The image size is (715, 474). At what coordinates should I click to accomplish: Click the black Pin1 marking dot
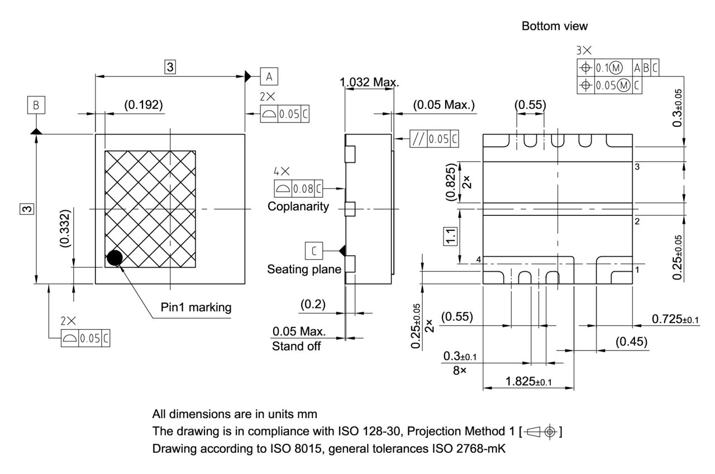(115, 257)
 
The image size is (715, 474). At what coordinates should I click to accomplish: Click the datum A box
(269, 76)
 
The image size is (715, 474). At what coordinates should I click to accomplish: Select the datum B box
(36, 105)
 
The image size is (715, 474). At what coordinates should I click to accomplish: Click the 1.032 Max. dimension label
(369, 83)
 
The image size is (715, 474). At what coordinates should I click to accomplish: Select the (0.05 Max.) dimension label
(444, 105)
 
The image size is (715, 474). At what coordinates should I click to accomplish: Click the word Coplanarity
(298, 206)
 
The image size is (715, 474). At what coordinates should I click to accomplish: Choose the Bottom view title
(554, 26)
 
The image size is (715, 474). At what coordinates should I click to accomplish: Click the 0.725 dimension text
(675, 319)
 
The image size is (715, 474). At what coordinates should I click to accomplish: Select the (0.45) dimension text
(632, 342)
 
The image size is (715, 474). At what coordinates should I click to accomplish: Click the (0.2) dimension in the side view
(313, 305)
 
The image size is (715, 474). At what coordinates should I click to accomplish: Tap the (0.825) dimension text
(451, 182)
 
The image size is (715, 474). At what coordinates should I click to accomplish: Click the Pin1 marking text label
(196, 307)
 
